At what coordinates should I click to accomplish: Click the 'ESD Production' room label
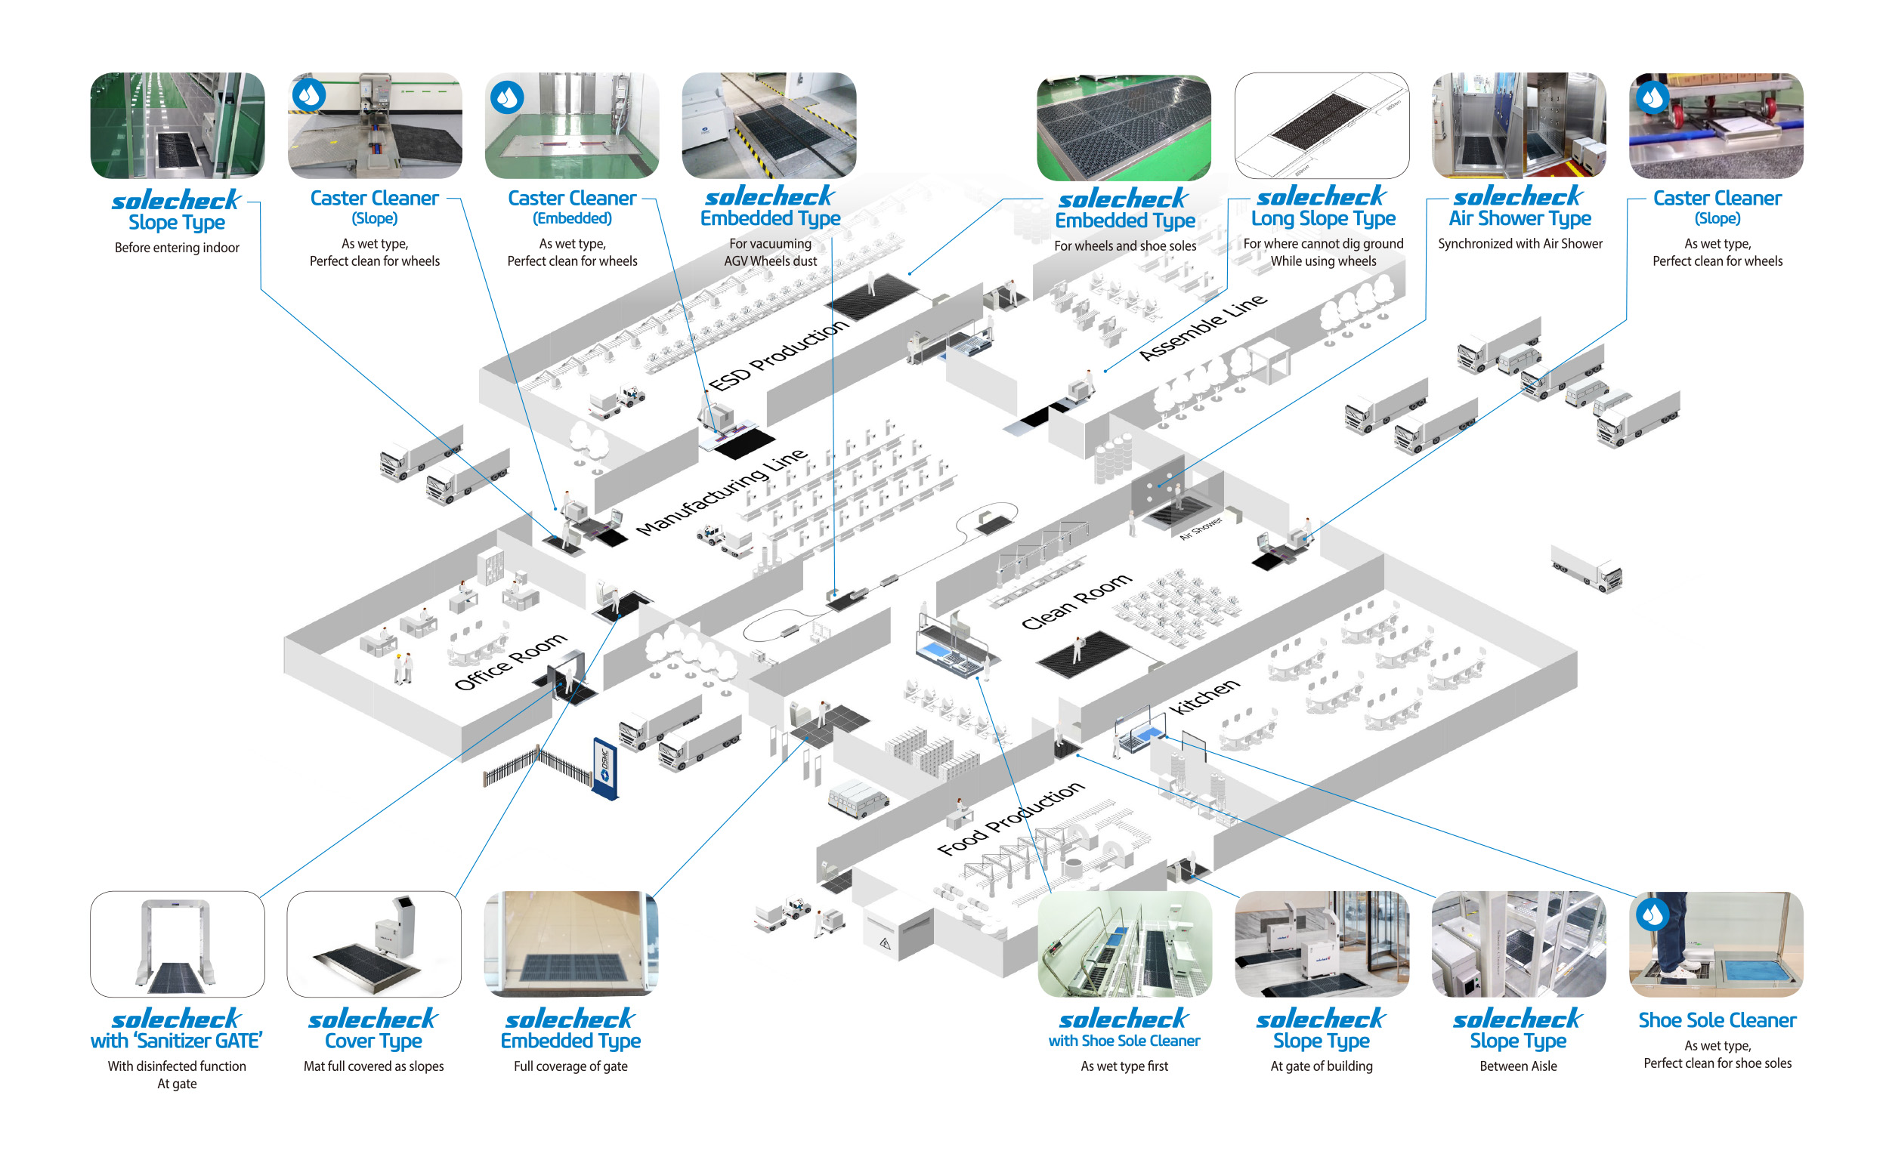click(778, 355)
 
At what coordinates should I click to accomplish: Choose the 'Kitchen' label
click(1203, 696)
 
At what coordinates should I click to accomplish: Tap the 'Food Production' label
click(1009, 818)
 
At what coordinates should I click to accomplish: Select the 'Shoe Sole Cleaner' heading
click(1716, 1019)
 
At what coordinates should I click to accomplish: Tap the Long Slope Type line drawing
click(1322, 125)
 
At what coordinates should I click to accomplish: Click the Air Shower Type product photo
click(1518, 125)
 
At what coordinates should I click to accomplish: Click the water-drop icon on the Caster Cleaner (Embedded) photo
click(507, 97)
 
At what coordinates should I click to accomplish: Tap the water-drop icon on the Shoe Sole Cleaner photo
click(1651, 914)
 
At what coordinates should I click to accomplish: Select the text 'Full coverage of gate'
click(570, 1066)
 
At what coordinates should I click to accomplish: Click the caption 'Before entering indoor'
click(176, 248)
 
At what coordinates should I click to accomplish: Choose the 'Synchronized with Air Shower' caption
click(1520, 243)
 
